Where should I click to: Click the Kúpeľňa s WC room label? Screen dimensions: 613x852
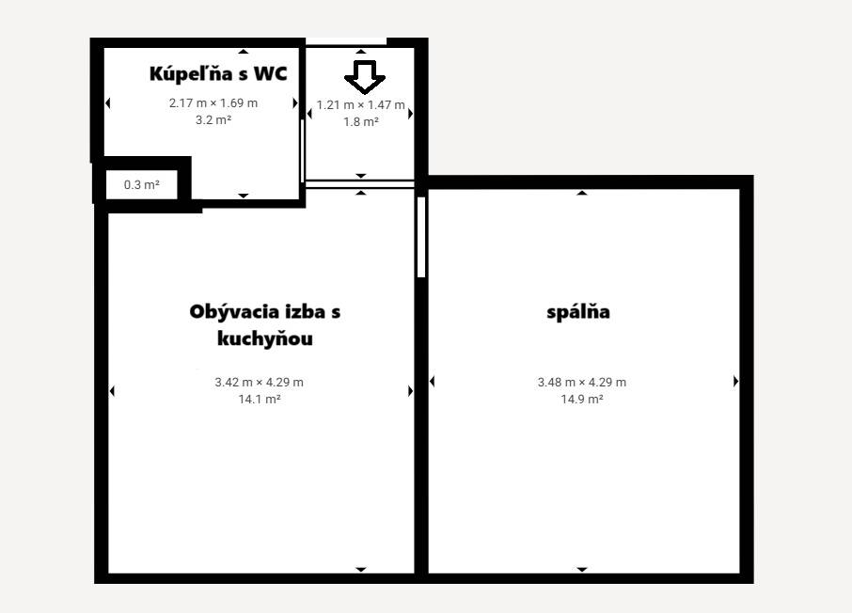coord(218,73)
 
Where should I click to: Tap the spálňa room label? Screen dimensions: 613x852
coord(578,311)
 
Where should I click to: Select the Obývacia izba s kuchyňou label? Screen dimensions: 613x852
coord(264,324)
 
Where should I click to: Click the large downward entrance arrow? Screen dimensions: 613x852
coord(360,76)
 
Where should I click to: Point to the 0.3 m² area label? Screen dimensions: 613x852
coord(142,185)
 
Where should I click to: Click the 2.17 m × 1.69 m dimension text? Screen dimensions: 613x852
coord(213,102)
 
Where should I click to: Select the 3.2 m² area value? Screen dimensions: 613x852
coord(213,119)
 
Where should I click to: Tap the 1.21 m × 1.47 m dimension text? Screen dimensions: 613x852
coord(360,104)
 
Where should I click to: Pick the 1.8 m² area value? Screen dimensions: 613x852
coord(361,121)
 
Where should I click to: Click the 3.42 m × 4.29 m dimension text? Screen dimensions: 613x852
coord(260,382)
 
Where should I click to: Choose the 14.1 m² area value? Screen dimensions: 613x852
coord(260,399)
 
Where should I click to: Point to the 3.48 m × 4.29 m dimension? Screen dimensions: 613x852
coord(582,382)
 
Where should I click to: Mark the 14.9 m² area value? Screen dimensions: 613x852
coord(582,399)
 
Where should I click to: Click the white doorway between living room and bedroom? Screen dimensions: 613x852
coord(421,236)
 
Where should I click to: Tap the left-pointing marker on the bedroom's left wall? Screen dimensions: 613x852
coord(433,382)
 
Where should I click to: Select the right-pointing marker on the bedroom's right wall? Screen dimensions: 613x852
coord(735,382)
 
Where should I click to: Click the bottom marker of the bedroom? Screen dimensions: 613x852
coord(582,569)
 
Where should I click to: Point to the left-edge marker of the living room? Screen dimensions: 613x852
coord(112,391)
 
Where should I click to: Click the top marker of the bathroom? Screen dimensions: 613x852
coord(244,51)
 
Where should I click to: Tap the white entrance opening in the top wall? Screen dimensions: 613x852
coord(347,41)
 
